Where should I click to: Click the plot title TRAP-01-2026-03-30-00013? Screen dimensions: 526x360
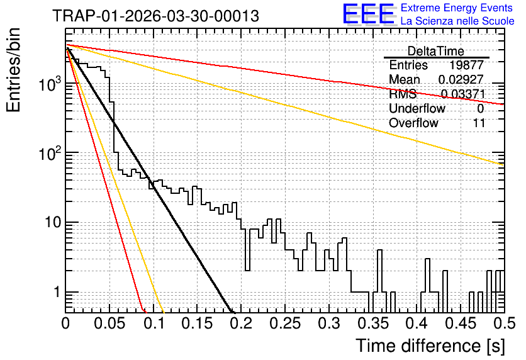[x=155, y=16]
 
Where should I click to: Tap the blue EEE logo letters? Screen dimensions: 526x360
[x=368, y=14]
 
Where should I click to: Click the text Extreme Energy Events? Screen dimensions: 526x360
[x=456, y=8]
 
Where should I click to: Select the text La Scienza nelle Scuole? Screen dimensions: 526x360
[x=457, y=21]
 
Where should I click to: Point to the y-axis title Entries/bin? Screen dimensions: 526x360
[x=13, y=70]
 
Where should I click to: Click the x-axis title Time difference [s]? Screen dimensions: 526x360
[x=430, y=346]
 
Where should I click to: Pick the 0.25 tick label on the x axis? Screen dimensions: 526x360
[x=285, y=323]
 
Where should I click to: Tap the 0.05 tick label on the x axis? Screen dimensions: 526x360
[x=109, y=323]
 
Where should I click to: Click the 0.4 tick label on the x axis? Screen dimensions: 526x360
[x=417, y=323]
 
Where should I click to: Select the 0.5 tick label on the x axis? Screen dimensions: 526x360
[x=505, y=323]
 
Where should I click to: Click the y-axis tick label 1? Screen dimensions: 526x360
[x=57, y=292]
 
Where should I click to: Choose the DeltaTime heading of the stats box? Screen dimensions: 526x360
[x=435, y=51]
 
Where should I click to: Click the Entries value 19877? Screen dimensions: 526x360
[x=466, y=65]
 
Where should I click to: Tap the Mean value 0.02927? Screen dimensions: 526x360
[x=461, y=79]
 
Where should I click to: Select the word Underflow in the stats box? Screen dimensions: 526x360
[x=417, y=108]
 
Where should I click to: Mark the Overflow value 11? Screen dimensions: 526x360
[x=479, y=123]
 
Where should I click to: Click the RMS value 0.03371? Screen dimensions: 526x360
[x=463, y=94]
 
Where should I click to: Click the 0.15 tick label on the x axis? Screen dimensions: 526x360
[x=198, y=323]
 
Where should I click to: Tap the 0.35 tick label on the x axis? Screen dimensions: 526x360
[x=373, y=323]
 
